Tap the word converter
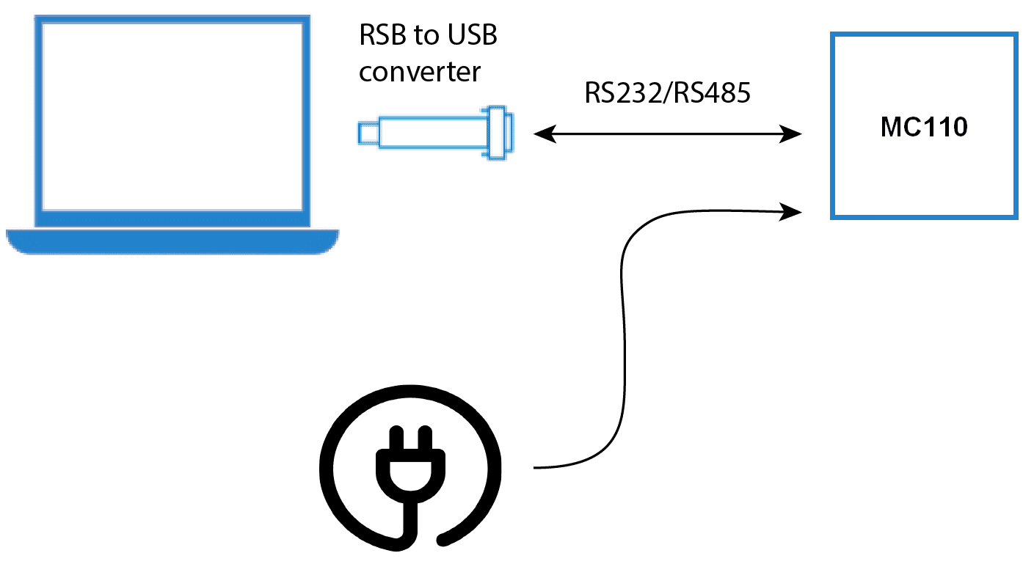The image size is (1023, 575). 420,72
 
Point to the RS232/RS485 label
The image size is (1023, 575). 667,93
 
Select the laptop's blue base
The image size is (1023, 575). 172,241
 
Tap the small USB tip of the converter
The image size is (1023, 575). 368,133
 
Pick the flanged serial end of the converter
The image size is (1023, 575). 499,133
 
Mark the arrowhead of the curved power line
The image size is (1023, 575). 792,213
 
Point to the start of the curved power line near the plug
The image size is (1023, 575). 537,467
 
